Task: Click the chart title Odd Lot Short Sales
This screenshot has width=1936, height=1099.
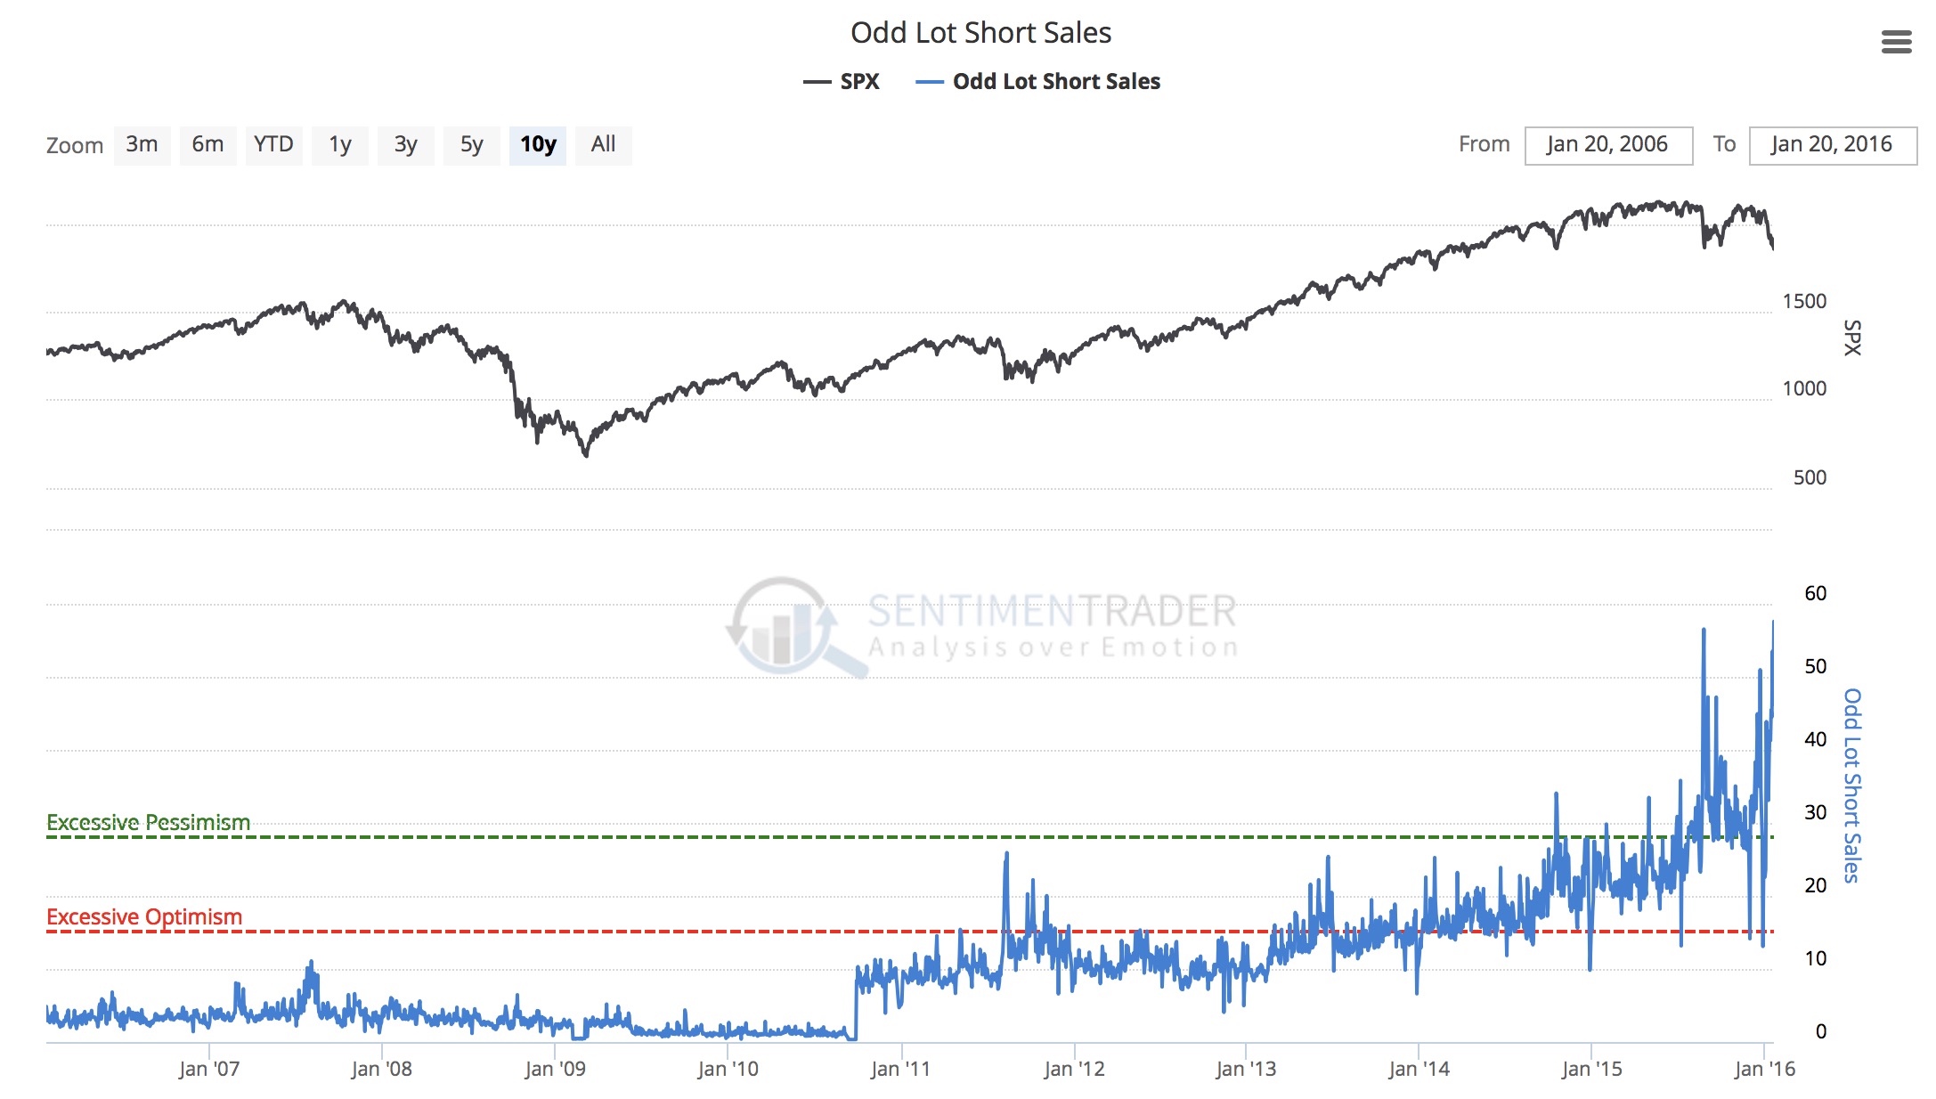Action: click(980, 33)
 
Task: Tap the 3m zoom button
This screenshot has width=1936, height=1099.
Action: click(142, 144)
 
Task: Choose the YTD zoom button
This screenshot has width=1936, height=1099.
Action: click(273, 144)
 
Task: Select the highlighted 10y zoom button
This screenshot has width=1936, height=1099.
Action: click(538, 144)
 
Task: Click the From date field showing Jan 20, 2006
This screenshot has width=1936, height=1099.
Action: click(1607, 144)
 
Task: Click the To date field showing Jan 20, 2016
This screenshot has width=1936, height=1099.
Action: click(1832, 144)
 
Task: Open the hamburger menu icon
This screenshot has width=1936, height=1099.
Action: click(1896, 42)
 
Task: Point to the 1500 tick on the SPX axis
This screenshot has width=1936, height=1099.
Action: click(1803, 302)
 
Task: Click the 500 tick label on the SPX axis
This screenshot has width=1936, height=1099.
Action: click(1809, 477)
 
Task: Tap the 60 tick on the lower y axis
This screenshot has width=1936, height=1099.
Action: click(1814, 593)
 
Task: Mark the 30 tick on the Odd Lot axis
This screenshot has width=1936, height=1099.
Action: click(1814, 812)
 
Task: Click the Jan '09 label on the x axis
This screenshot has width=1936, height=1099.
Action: click(555, 1069)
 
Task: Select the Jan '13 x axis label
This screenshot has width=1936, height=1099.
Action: click(1245, 1069)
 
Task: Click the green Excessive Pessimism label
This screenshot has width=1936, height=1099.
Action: click(148, 822)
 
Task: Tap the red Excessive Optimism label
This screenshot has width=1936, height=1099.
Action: click(144, 916)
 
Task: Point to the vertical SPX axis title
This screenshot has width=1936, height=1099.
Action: click(1852, 338)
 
